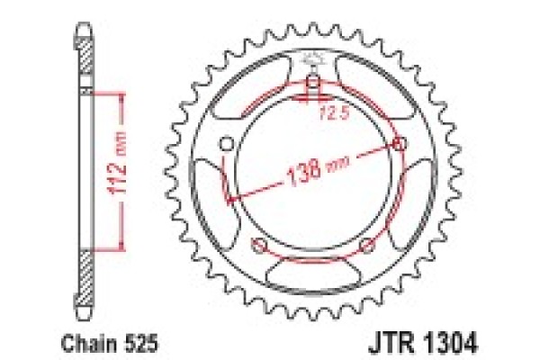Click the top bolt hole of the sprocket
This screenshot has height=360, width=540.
(x=313, y=86)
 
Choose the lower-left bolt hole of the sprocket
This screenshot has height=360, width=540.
(x=259, y=247)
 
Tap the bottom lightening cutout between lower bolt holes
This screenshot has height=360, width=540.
(x=313, y=269)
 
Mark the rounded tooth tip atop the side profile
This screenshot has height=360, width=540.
(x=85, y=31)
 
